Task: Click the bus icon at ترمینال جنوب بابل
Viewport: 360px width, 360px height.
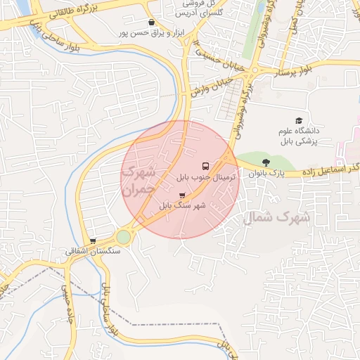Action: pyautogui.click(x=205, y=166)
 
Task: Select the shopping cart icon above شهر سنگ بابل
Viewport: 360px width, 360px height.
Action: pyautogui.click(x=183, y=195)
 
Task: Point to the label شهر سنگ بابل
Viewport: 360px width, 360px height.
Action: pyautogui.click(x=181, y=206)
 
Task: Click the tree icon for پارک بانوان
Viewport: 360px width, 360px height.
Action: pyautogui.click(x=265, y=162)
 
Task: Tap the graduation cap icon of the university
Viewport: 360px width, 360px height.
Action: pyautogui.click(x=299, y=120)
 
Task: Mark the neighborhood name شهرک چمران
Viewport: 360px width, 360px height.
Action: pyautogui.click(x=138, y=181)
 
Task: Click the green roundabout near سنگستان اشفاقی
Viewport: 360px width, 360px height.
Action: pyautogui.click(x=124, y=237)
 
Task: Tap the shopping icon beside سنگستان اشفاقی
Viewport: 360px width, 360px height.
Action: pyautogui.click(x=93, y=240)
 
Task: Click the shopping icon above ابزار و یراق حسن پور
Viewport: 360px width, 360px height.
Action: pyautogui.click(x=151, y=22)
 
